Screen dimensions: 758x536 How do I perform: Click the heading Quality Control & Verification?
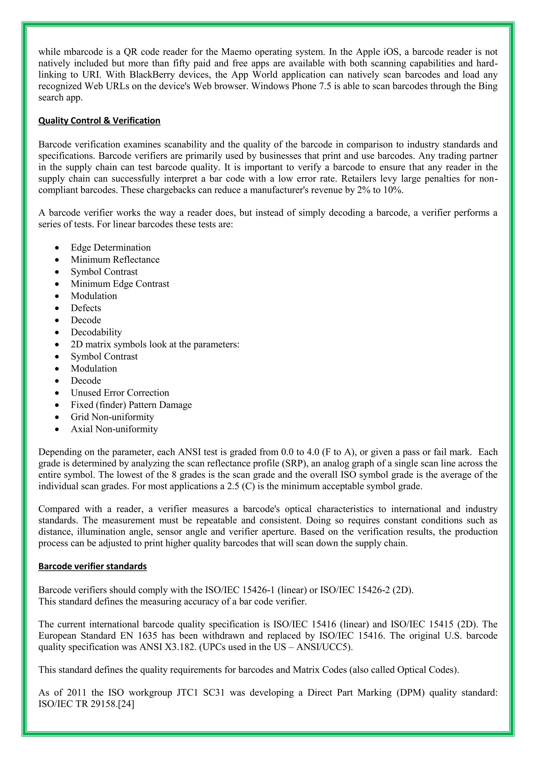(x=99, y=120)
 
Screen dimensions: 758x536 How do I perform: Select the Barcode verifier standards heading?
(x=92, y=566)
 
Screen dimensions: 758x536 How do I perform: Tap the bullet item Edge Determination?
(x=110, y=248)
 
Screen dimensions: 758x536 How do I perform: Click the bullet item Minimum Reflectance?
(x=115, y=260)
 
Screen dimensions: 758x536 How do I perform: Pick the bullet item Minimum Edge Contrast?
(x=120, y=284)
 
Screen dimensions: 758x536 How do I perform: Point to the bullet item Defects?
(x=86, y=308)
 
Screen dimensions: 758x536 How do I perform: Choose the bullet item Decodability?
(x=96, y=332)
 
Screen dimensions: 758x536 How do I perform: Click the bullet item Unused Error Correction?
(x=120, y=393)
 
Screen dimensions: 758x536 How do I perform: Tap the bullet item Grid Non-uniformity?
(x=112, y=417)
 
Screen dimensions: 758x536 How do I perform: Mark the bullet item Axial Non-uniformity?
(x=114, y=429)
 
